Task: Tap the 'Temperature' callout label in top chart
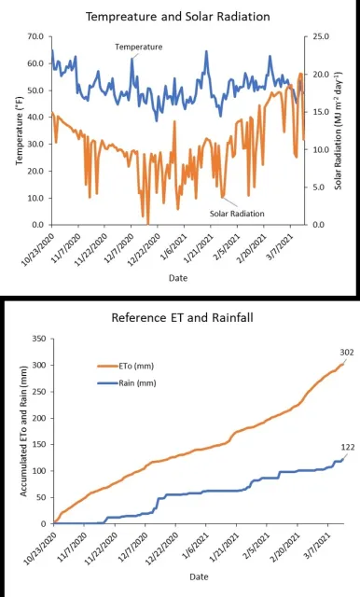pos(138,46)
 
